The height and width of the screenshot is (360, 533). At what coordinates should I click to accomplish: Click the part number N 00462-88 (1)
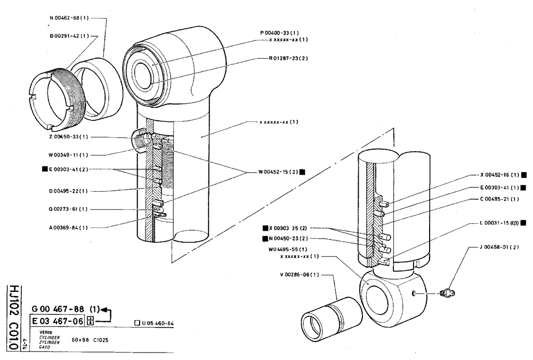pyautogui.click(x=69, y=18)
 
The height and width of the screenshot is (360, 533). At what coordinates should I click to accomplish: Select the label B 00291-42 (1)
pyautogui.click(x=69, y=36)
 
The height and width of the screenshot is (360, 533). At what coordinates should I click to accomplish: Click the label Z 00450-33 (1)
pyautogui.click(x=69, y=137)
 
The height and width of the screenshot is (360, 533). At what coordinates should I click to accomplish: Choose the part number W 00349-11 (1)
pyautogui.click(x=69, y=155)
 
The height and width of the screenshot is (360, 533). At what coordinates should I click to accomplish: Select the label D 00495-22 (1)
pyautogui.click(x=69, y=191)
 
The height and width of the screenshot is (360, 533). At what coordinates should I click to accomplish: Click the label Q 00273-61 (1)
pyautogui.click(x=69, y=209)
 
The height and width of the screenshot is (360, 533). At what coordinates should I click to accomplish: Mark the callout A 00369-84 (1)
pyautogui.click(x=69, y=227)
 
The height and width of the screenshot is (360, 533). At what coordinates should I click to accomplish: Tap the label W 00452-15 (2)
pyautogui.click(x=278, y=172)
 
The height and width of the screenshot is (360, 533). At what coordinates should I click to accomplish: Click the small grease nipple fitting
pyautogui.click(x=447, y=292)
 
